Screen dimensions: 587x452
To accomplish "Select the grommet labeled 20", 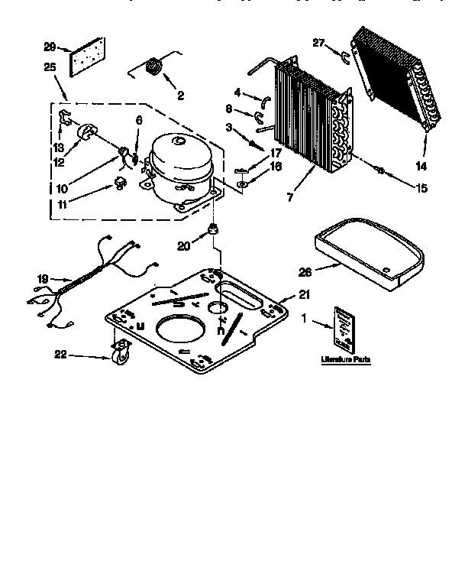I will tap(215, 229).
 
